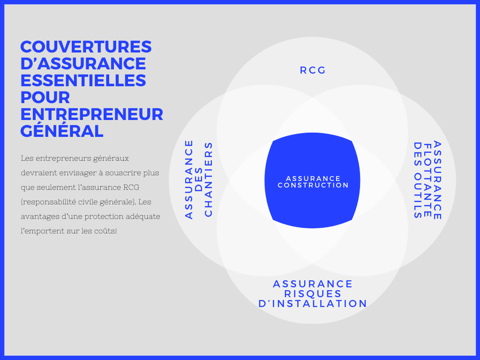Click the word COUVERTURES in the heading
(86, 47)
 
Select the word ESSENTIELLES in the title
(83, 80)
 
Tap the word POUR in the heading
(45, 97)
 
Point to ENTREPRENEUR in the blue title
(92, 114)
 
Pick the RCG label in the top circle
(313, 70)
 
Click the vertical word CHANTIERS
(209, 180)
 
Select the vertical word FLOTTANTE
(427, 180)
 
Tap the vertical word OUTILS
(418, 196)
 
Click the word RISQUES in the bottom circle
(313, 294)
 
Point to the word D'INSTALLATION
(313, 304)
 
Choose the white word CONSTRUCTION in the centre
(313, 185)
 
